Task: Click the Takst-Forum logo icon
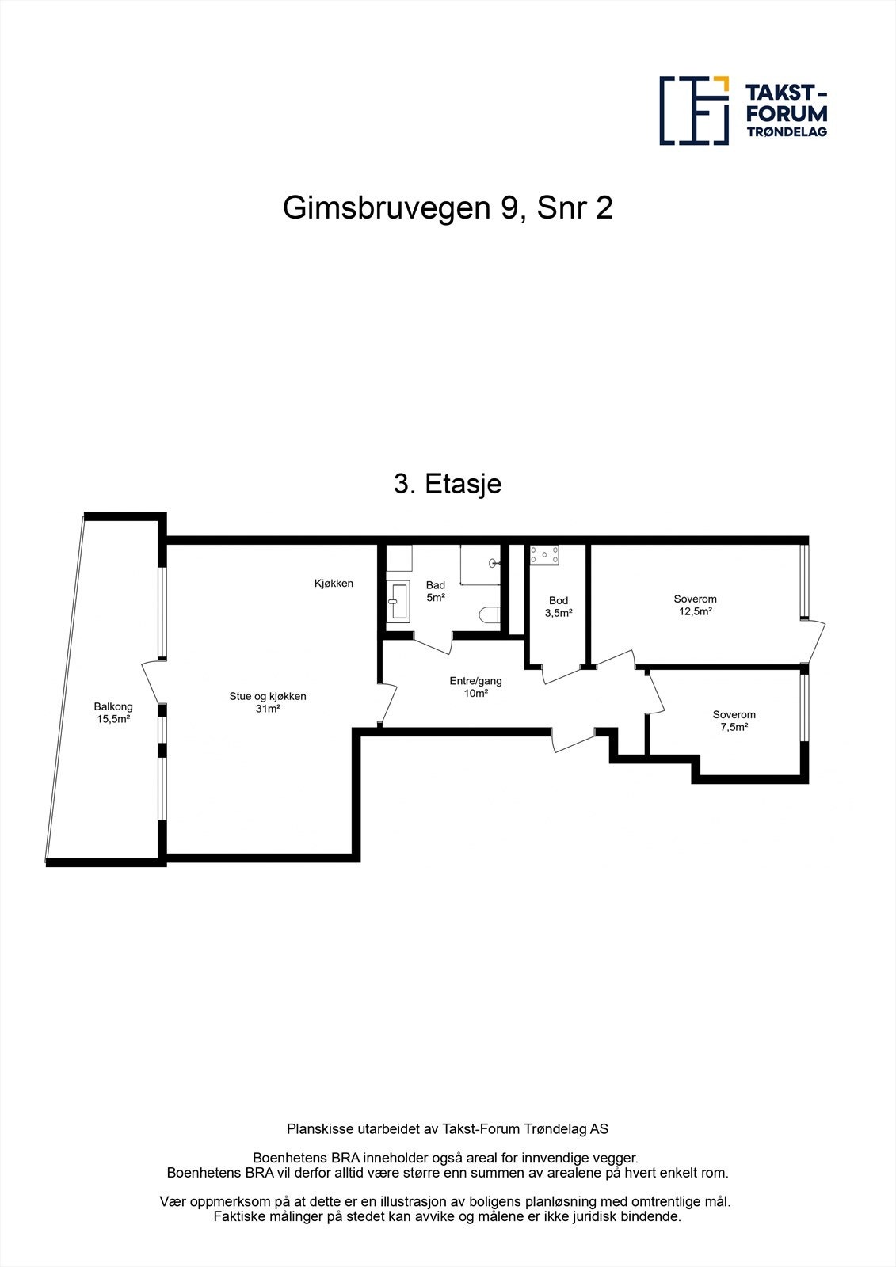pos(694,110)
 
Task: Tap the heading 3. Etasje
pos(448,483)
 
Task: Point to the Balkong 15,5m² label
pos(113,713)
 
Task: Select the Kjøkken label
pos(334,584)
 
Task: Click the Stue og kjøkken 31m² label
pos(268,702)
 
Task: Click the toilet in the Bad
pos(490,614)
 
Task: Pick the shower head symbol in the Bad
pos(494,563)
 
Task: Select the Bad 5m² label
pos(436,591)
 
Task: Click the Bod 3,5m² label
pos(559,607)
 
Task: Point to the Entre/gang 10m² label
pos(475,687)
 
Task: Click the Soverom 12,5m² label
pos(695,605)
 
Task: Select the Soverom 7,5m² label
pos(734,720)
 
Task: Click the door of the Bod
pos(562,674)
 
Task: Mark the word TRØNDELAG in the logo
pos(787,131)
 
